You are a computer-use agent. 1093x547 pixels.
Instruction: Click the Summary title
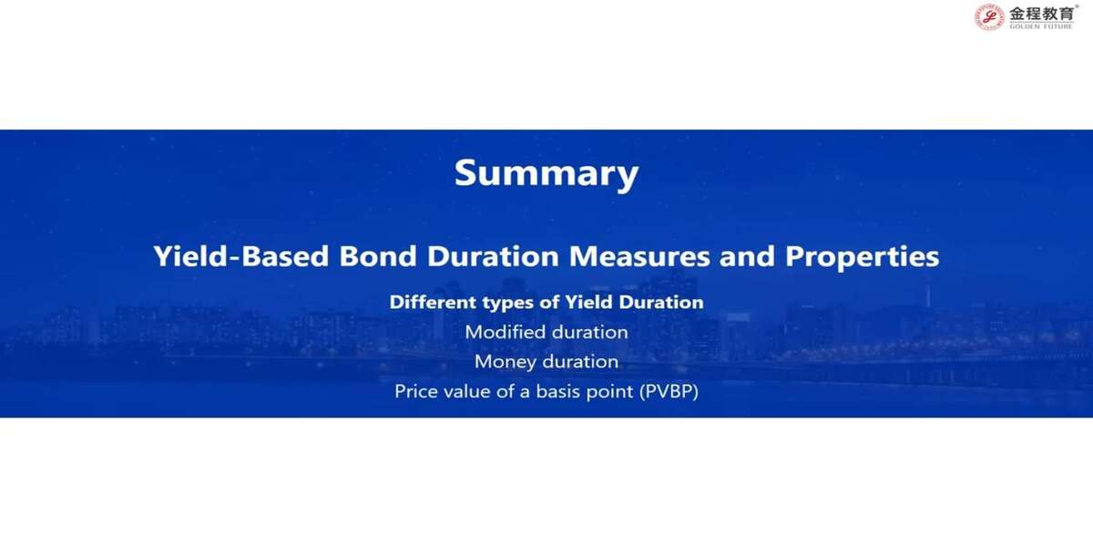tap(546, 173)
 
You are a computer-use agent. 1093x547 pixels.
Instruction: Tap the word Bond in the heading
tap(378, 256)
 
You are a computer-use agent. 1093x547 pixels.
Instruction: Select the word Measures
tap(639, 256)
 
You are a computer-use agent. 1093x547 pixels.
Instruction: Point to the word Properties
tap(862, 257)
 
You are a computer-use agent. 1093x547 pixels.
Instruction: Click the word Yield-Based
tap(241, 256)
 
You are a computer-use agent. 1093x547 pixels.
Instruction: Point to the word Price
tap(415, 391)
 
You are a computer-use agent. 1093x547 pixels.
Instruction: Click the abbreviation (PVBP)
tap(669, 392)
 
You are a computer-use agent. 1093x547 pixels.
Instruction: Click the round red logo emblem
tap(989, 17)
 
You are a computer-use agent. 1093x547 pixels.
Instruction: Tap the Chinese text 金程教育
tap(1041, 14)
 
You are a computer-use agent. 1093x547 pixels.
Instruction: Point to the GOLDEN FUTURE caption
tap(1041, 26)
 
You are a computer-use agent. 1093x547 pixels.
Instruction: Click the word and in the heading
tap(747, 256)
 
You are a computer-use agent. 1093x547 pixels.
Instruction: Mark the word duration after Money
tap(580, 362)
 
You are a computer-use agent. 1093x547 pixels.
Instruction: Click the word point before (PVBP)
tap(609, 392)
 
